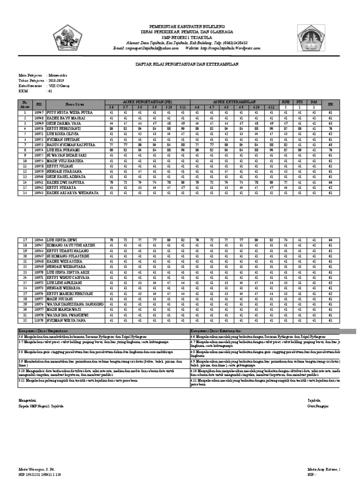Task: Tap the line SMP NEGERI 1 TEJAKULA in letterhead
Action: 180,37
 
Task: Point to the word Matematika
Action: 58,75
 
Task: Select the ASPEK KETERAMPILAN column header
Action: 234,102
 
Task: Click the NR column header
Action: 330,104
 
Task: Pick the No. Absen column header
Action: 25,104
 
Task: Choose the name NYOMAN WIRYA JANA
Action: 66,321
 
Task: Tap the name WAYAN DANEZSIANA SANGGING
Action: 75,304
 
